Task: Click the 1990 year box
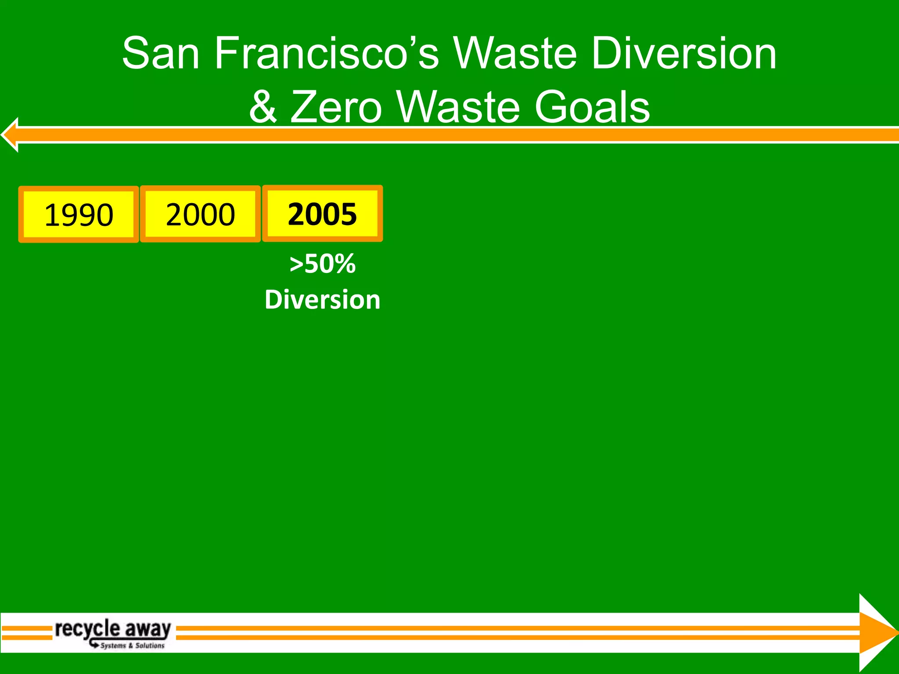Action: pyautogui.click(x=79, y=215)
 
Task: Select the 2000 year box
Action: pyautogui.click(x=200, y=214)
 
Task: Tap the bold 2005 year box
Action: pyautogui.click(x=322, y=214)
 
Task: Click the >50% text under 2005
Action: pyautogui.click(x=323, y=264)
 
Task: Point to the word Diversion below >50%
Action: pyautogui.click(x=323, y=300)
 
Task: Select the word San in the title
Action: pyautogui.click(x=161, y=54)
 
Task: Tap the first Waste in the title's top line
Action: pyautogui.click(x=514, y=54)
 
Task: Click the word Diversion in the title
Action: pyautogui.click(x=684, y=54)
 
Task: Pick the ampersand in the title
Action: pyautogui.click(x=263, y=107)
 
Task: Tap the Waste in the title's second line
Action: pyautogui.click(x=458, y=107)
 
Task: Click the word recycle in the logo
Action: pyautogui.click(x=87, y=629)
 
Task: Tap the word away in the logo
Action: pyautogui.click(x=148, y=629)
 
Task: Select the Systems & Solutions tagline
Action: pyautogui.click(x=132, y=645)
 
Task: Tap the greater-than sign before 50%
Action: pyautogui.click(x=296, y=264)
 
